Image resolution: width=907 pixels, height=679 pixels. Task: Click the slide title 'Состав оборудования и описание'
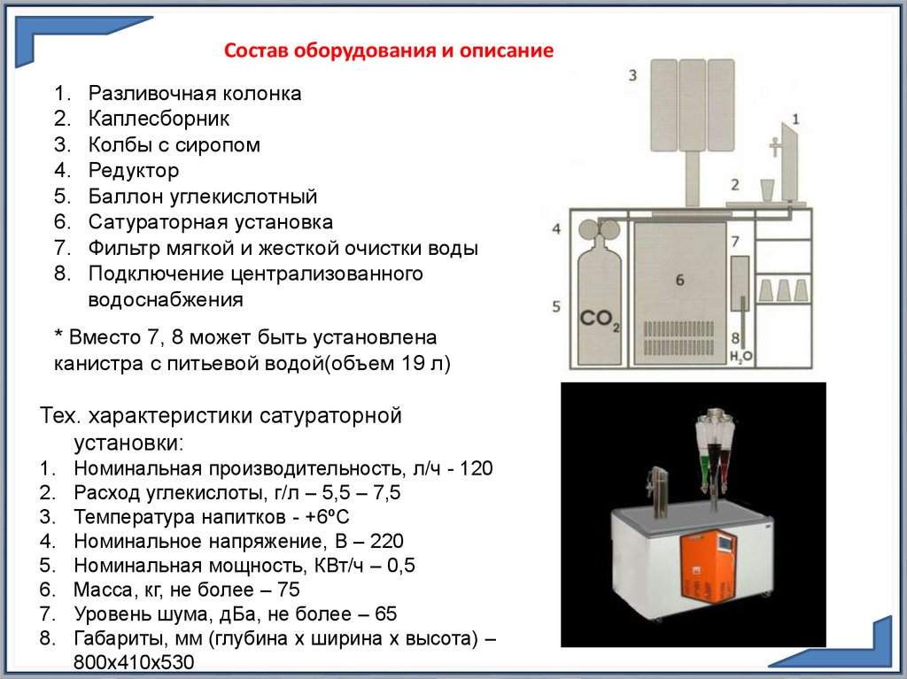tap(389, 50)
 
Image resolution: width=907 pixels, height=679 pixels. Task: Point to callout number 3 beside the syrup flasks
tap(632, 76)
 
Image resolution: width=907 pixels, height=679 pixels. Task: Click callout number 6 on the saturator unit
tap(679, 280)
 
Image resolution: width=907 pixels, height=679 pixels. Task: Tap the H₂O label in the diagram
tap(740, 356)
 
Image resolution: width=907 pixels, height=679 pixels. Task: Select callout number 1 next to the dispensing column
tap(795, 118)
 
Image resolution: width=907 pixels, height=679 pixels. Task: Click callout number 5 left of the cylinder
tap(556, 306)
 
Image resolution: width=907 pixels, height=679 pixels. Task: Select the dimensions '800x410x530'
tap(134, 662)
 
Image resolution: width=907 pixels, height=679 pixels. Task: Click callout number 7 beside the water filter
tap(734, 241)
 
